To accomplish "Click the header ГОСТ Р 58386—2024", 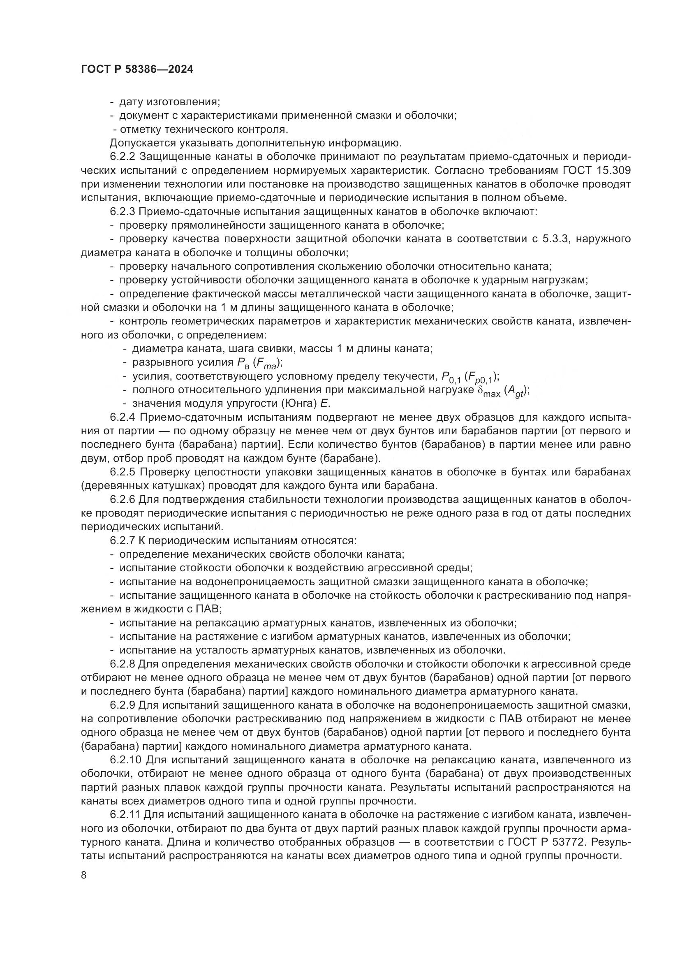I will point(137,70).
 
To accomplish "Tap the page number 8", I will point(84,875).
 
